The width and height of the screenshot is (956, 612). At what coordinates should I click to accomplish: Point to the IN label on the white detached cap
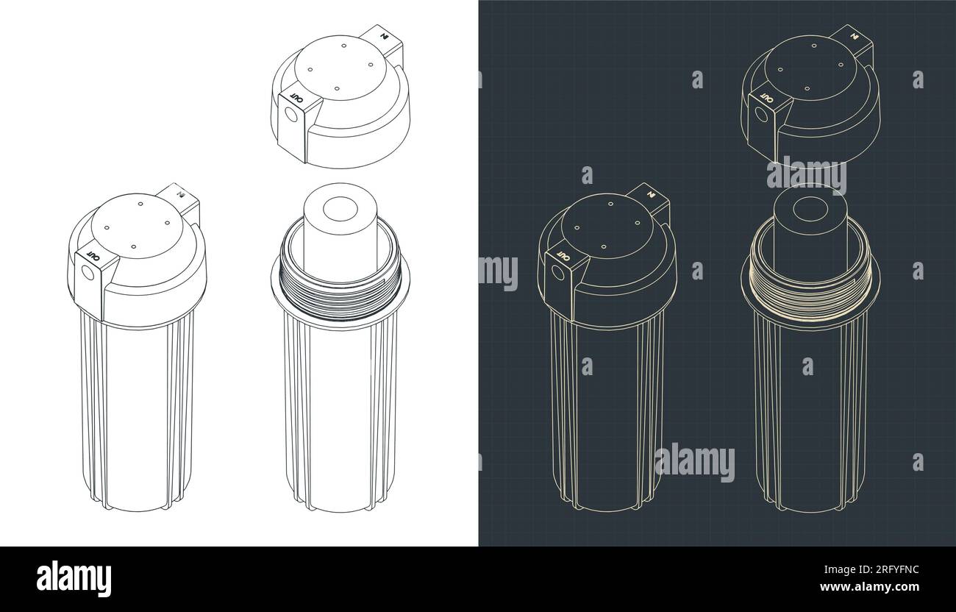point(383,34)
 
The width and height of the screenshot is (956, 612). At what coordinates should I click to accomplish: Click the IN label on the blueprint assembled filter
point(651,195)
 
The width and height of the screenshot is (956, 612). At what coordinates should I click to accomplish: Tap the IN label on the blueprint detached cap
point(854,34)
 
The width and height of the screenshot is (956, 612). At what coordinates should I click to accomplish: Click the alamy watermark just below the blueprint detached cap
point(807,175)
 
